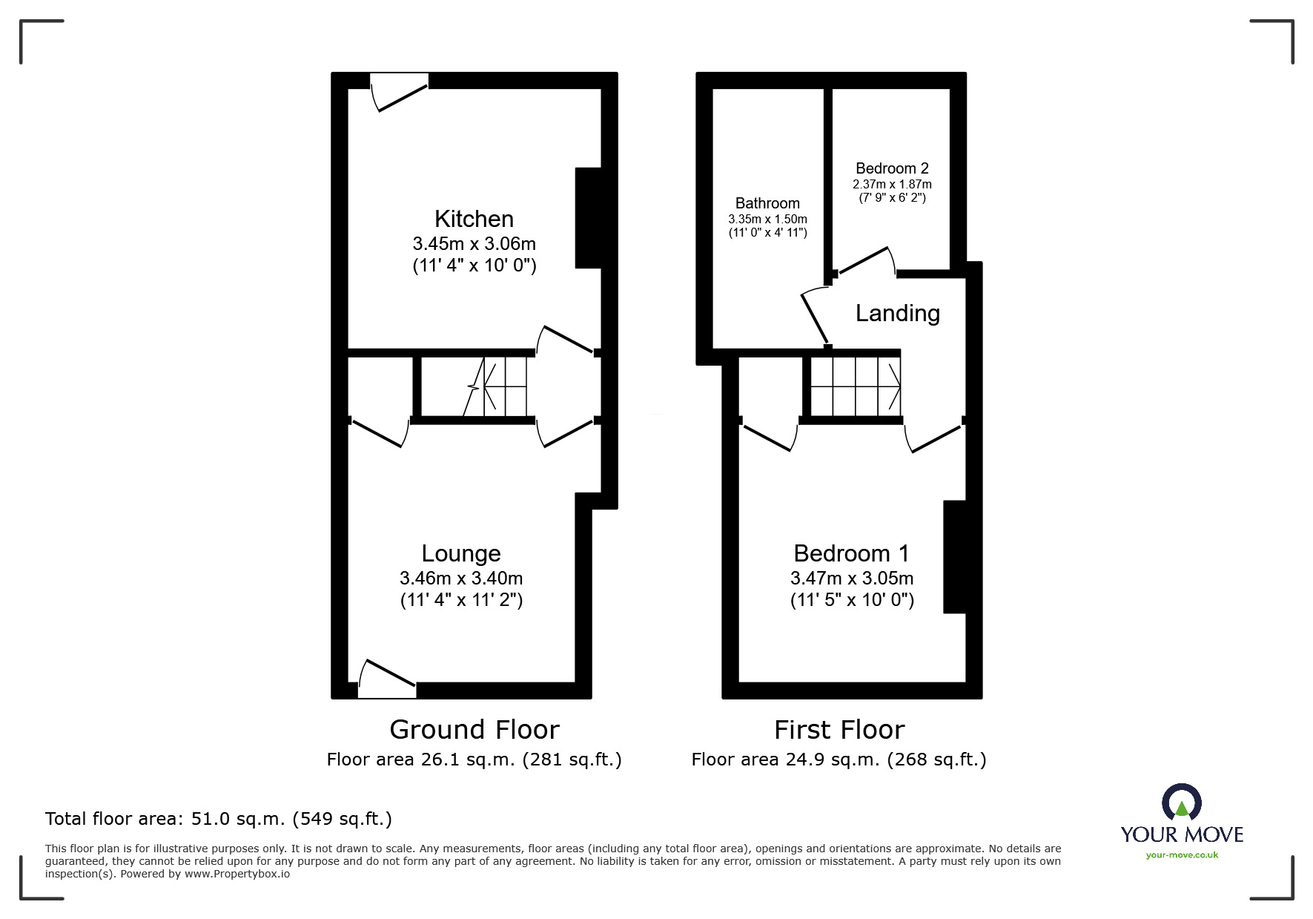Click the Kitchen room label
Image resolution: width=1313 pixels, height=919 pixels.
tap(474, 219)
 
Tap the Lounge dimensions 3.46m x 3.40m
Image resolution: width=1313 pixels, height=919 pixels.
tap(460, 578)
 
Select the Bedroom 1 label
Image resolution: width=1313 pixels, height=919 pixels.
tap(850, 553)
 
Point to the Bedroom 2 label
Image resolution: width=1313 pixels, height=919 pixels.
tap(892, 168)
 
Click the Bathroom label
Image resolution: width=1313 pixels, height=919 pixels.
tap(767, 203)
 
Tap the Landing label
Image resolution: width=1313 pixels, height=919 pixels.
tap(897, 313)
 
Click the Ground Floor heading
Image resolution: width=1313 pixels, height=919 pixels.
tap(474, 730)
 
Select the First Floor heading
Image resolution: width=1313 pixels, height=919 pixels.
tap(839, 730)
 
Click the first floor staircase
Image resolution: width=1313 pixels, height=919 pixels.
tap(855, 386)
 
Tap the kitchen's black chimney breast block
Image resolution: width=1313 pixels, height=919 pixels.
tap(587, 218)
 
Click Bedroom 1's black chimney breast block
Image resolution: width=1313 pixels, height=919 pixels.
tap(954, 557)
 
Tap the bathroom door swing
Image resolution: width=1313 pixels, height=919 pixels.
tap(815, 315)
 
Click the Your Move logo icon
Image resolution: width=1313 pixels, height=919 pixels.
tap(1181, 803)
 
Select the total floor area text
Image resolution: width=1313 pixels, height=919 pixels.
tap(219, 819)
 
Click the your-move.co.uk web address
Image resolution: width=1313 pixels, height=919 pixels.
tap(1182, 855)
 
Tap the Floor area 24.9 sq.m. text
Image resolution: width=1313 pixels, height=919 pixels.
tap(839, 760)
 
